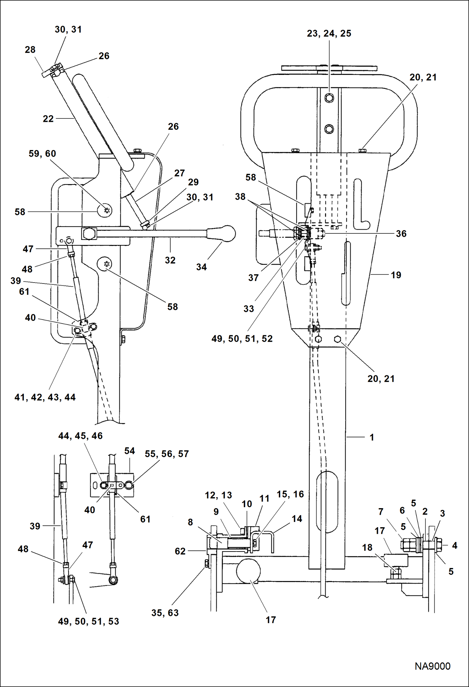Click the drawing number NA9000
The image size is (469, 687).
(432, 666)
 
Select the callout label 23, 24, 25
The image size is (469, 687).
(329, 34)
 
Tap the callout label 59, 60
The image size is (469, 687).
(42, 154)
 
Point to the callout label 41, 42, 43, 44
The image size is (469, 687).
(45, 397)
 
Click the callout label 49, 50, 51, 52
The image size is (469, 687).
(242, 339)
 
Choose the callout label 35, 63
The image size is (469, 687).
(165, 613)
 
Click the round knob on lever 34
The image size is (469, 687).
(228, 233)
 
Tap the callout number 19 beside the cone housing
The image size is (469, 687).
(396, 275)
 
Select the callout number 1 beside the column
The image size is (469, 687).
(372, 437)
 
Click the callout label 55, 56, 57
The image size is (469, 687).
(167, 454)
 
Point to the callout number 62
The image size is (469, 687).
(180, 551)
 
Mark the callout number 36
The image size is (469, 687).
(401, 234)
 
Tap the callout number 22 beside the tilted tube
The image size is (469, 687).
(48, 119)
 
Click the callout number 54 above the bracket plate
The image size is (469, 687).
(130, 451)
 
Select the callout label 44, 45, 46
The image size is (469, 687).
(80, 436)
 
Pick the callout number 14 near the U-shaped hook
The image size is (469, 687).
(297, 519)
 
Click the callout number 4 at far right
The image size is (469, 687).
(455, 545)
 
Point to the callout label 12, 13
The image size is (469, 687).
(218, 495)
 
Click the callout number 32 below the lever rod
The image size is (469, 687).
(170, 260)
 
